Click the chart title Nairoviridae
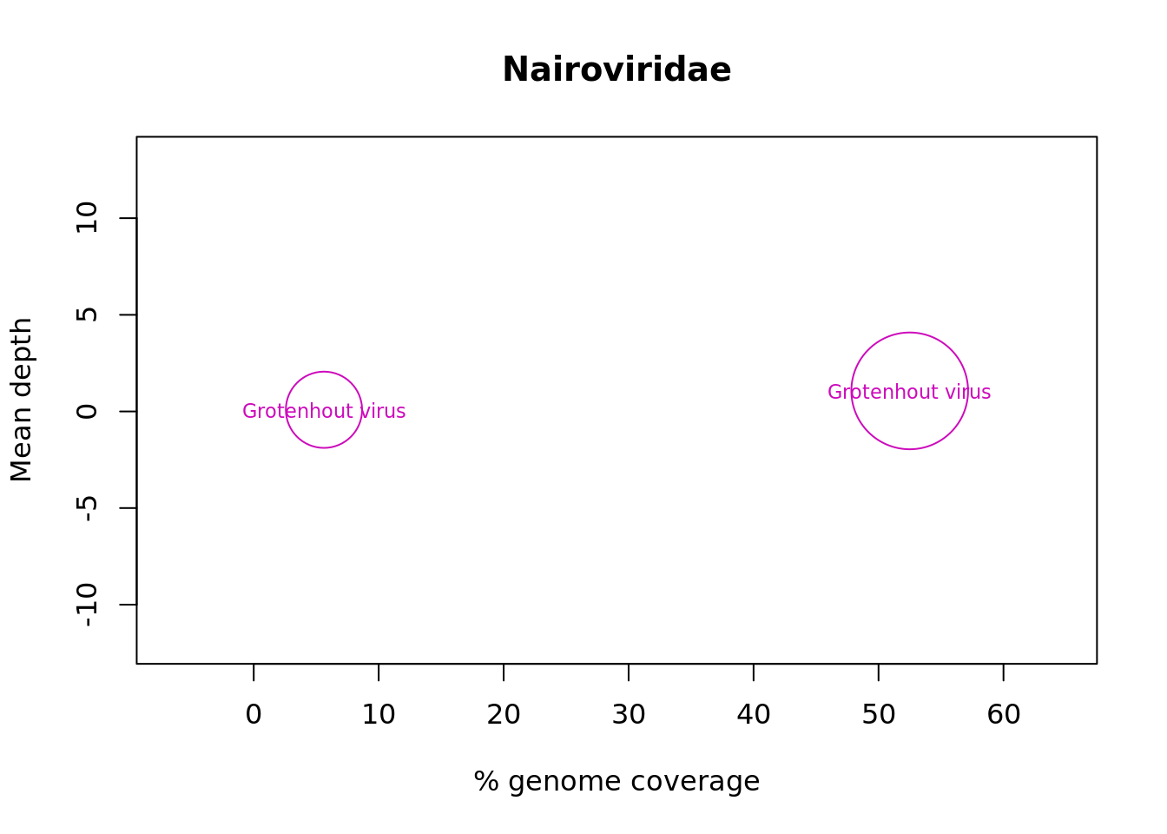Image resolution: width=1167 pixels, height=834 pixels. pyautogui.click(x=616, y=69)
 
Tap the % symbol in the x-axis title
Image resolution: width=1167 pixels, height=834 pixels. pyautogui.click(x=486, y=781)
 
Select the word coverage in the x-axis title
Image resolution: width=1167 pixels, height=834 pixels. pyautogui.click(x=696, y=783)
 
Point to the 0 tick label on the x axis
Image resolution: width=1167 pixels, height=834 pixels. pyautogui.click(x=254, y=714)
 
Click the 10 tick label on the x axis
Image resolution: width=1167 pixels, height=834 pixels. pyautogui.click(x=379, y=714)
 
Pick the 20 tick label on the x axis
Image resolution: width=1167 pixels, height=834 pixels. pyautogui.click(x=504, y=714)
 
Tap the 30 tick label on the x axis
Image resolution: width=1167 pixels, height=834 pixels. pyautogui.click(x=629, y=714)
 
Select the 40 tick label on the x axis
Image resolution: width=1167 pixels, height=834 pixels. pyautogui.click(x=754, y=714)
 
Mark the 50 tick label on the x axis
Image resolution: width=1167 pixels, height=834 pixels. pyautogui.click(x=879, y=714)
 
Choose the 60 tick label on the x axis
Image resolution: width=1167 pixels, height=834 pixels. pyautogui.click(x=1004, y=714)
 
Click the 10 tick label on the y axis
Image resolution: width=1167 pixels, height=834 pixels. pyautogui.click(x=87, y=217)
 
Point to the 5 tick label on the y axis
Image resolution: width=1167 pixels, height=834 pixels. pyautogui.click(x=87, y=314)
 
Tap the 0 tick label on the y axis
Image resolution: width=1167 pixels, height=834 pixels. pyautogui.click(x=87, y=411)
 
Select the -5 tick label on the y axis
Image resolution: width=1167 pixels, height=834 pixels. pyautogui.click(x=87, y=508)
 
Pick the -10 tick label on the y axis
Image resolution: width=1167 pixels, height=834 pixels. pyautogui.click(x=87, y=605)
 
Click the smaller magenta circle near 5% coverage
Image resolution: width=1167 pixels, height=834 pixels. pyautogui.click(x=286, y=410)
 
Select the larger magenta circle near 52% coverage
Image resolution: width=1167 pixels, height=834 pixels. pyautogui.click(x=852, y=391)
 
